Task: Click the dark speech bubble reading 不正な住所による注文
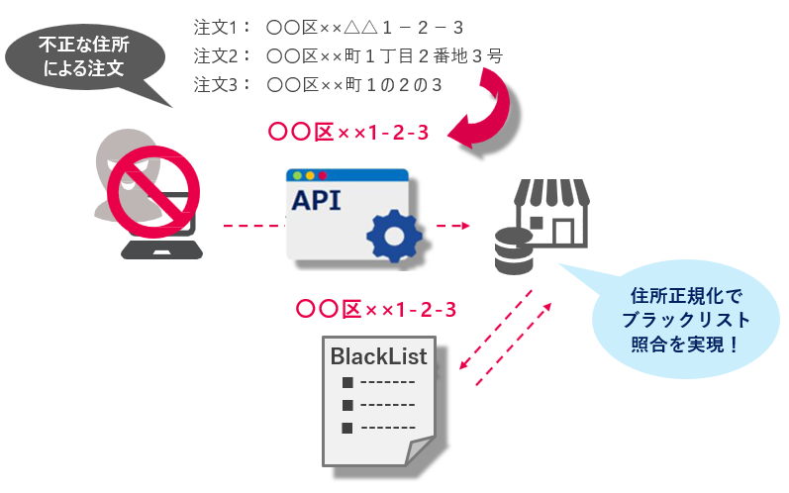pos(83,58)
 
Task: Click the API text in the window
pos(316,200)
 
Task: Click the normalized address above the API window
pos(347,132)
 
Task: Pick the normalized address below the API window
pos(376,309)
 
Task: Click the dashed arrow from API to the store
pos(452,227)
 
